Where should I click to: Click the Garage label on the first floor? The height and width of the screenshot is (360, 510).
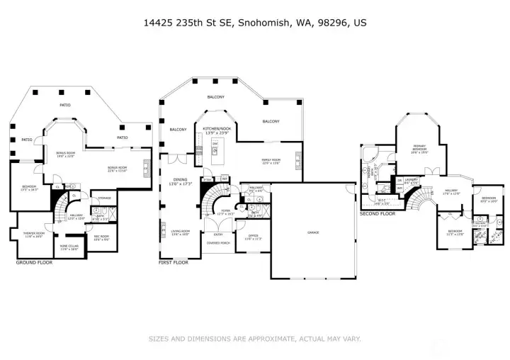click(312, 232)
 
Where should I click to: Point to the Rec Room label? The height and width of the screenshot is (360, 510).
click(101, 237)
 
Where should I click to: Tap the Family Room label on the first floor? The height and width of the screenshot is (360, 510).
click(271, 161)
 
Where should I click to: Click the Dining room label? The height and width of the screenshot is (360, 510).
click(180, 181)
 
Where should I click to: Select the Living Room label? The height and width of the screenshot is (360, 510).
click(180, 232)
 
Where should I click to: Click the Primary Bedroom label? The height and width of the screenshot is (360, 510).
click(419, 149)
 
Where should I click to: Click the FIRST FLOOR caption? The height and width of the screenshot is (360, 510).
click(174, 263)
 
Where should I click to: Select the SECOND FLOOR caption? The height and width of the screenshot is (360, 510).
click(377, 213)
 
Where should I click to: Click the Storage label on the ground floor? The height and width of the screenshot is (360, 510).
click(104, 198)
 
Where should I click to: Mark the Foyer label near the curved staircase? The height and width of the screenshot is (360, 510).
click(225, 211)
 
